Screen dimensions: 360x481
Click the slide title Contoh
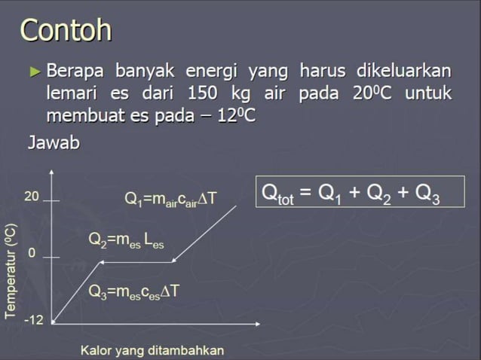66,31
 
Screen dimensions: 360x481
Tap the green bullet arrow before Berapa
35,73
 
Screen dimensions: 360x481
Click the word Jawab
54,142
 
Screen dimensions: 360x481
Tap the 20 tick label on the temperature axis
31,197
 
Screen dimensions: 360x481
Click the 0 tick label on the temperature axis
32,254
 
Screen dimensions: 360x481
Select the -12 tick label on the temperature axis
33,320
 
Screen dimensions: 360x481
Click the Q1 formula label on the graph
170,199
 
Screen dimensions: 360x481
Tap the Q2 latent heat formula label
126,240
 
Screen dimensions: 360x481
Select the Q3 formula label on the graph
133,291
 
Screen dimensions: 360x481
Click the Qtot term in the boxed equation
277,195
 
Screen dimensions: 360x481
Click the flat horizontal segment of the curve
136,263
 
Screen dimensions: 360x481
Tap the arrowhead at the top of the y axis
51,172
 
